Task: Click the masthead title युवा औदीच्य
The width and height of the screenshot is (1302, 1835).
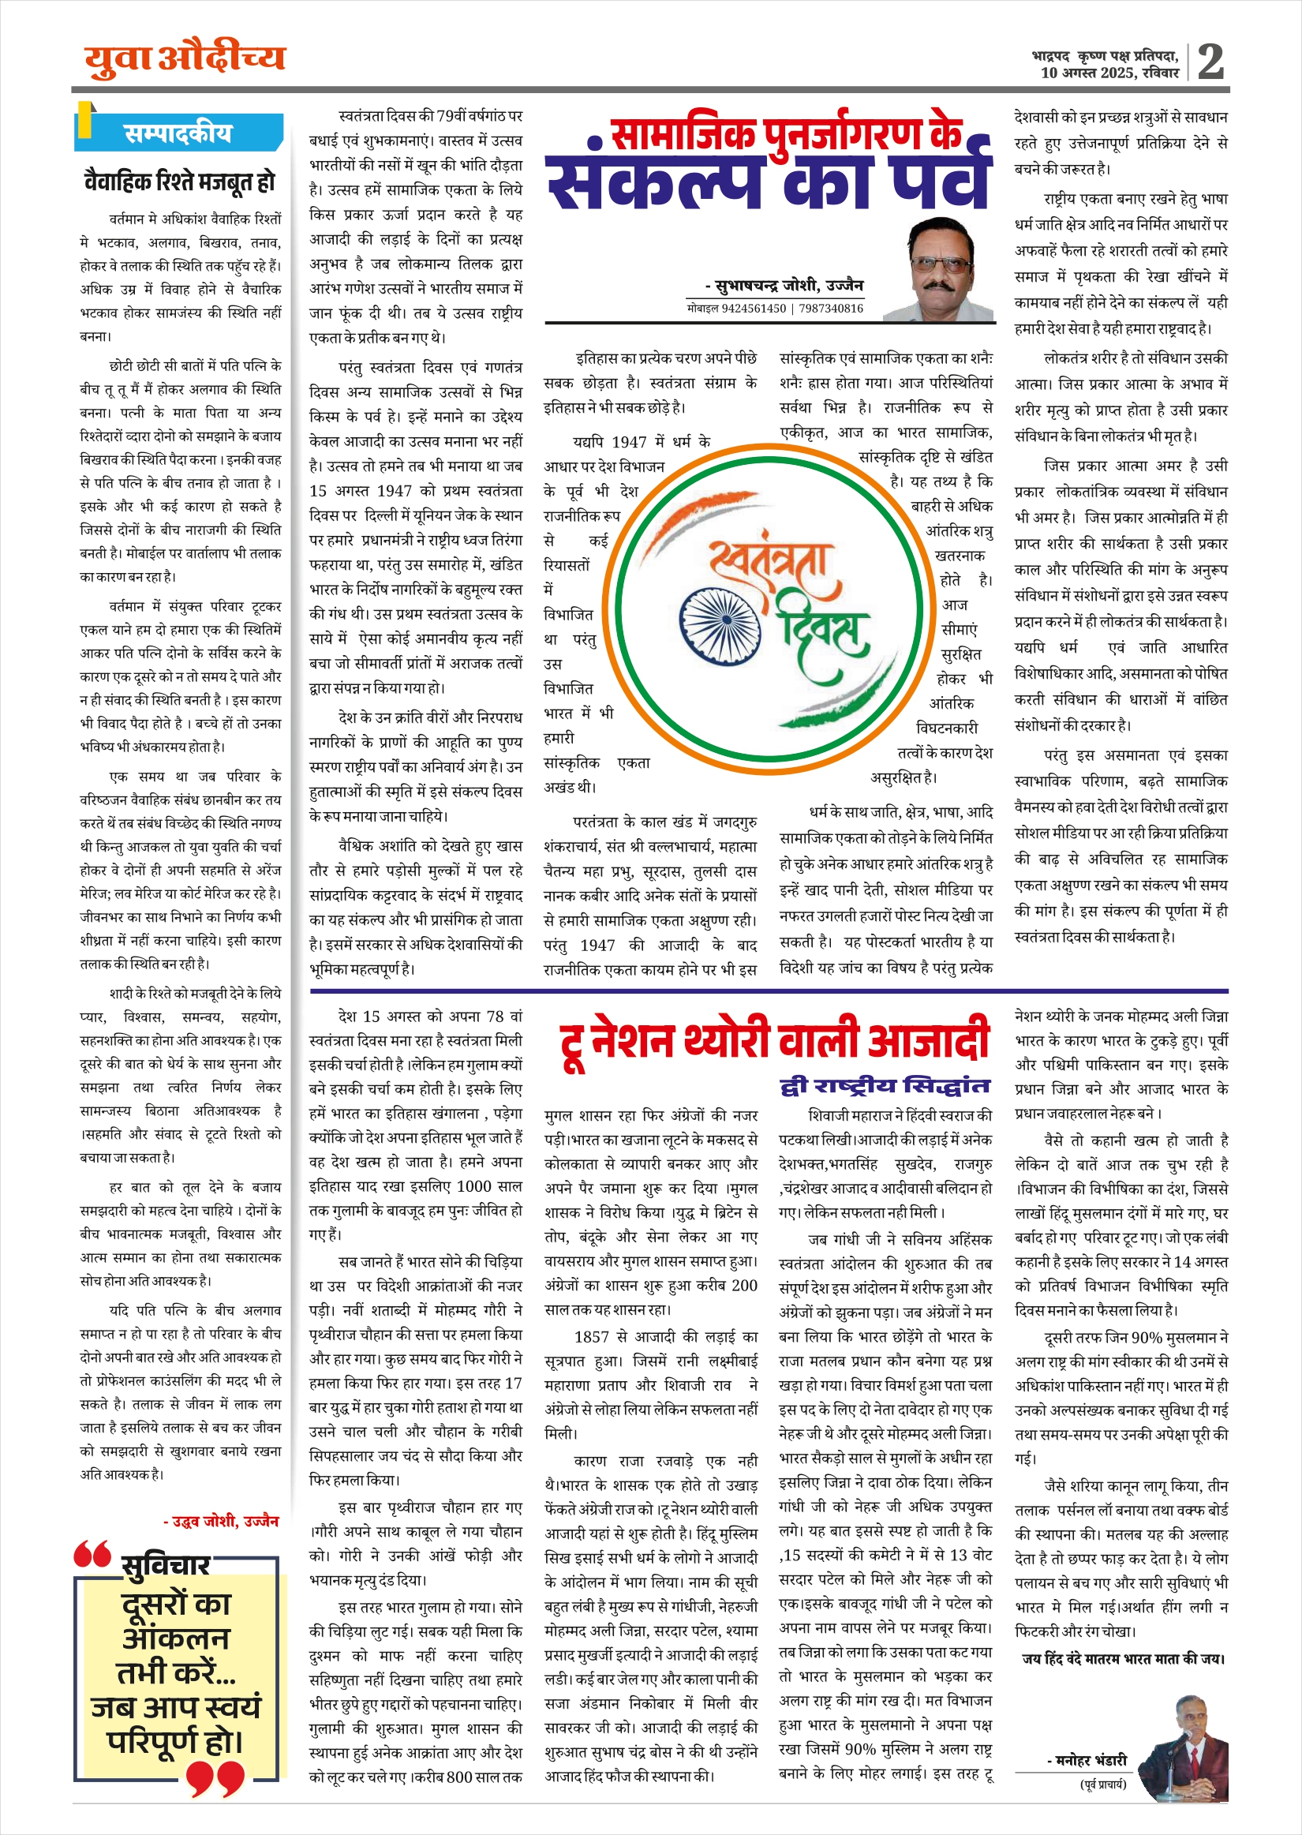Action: (185, 59)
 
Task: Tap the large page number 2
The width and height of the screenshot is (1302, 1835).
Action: (1210, 62)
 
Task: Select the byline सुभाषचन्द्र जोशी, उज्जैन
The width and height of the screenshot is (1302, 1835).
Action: (784, 286)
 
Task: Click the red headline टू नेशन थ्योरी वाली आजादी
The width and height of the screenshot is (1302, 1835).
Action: (773, 1041)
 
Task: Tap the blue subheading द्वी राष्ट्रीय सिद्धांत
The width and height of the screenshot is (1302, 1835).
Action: (885, 1086)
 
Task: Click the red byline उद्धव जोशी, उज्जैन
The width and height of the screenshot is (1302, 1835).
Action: (221, 1522)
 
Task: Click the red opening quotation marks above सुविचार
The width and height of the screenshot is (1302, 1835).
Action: (92, 1553)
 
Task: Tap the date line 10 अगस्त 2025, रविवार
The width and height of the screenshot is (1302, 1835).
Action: (1109, 73)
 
